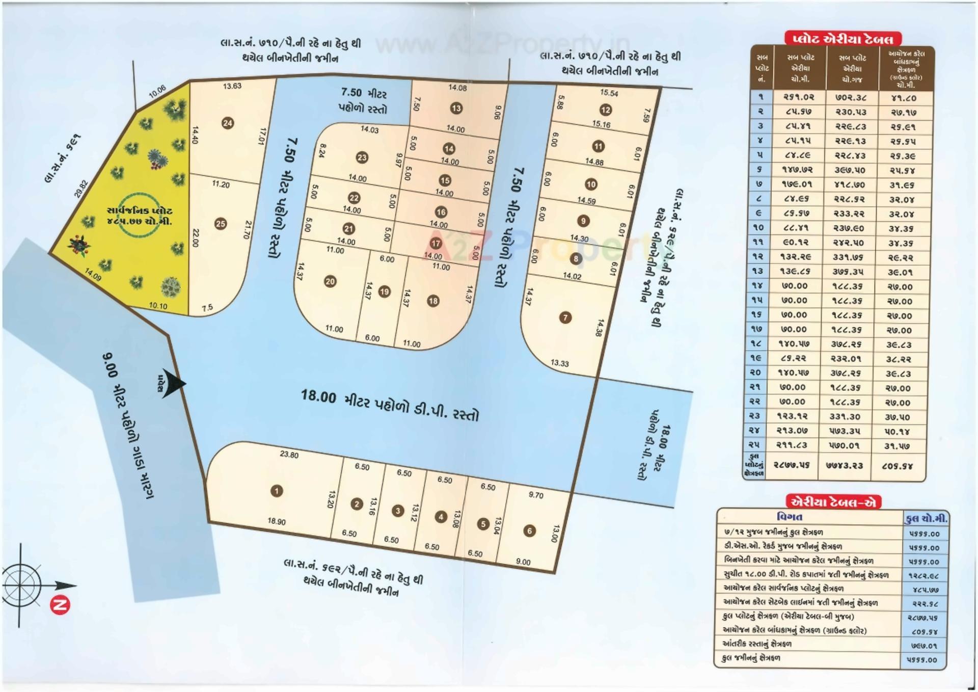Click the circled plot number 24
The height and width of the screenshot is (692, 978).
pyautogui.click(x=228, y=123)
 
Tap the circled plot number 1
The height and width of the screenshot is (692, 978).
pyautogui.click(x=277, y=491)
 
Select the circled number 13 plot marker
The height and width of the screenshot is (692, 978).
pyautogui.click(x=456, y=108)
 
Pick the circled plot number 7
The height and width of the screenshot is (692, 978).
pyautogui.click(x=565, y=317)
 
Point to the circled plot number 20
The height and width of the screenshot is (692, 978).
pyautogui.click(x=330, y=281)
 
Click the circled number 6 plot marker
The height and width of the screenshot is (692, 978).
pyautogui.click(x=530, y=531)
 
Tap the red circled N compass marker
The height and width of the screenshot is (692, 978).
pyautogui.click(x=60, y=606)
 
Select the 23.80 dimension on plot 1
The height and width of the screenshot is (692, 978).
pyautogui.click(x=289, y=455)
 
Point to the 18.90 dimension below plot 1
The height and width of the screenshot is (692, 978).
pyautogui.click(x=277, y=521)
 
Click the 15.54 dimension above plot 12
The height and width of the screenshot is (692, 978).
pyautogui.click(x=609, y=93)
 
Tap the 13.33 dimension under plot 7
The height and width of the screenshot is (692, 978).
pyautogui.click(x=559, y=363)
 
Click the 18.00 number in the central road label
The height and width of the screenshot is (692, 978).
pyautogui.click(x=318, y=395)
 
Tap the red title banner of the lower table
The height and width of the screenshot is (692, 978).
pyautogui.click(x=833, y=502)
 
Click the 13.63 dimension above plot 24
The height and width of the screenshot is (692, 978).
pyautogui.click(x=232, y=86)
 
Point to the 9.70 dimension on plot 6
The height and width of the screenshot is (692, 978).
pyautogui.click(x=536, y=495)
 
